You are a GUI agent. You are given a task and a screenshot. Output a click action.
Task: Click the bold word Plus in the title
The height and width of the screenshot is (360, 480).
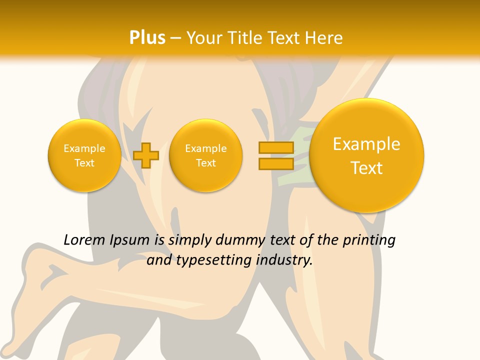tap(147, 38)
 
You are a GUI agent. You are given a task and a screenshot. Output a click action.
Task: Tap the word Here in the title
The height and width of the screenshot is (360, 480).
tap(324, 38)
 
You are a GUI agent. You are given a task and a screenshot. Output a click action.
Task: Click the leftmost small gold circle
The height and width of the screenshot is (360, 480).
tap(84, 155)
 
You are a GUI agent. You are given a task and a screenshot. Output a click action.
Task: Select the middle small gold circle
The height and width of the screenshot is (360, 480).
tap(205, 155)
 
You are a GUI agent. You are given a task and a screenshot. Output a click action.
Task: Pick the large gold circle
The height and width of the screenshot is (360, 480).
tap(366, 155)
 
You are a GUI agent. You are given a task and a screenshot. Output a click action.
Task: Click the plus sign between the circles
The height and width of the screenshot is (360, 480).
tap(146, 155)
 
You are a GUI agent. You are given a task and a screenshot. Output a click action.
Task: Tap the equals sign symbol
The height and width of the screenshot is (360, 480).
tap(276, 155)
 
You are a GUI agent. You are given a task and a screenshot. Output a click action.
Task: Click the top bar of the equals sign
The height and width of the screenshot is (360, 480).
tap(276, 147)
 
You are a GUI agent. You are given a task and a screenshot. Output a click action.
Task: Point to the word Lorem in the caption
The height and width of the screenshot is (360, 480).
tap(84, 240)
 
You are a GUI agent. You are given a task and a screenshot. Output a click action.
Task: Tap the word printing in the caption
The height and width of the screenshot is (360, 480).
tap(368, 240)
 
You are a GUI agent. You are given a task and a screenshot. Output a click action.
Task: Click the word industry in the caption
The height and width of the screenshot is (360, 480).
tap(285, 260)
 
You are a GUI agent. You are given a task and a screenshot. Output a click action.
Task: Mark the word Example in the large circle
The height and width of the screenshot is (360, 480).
tap(366, 144)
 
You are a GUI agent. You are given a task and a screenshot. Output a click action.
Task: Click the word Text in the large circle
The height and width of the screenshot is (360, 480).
tap(366, 168)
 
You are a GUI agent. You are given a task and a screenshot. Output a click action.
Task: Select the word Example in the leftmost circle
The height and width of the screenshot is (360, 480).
tap(84, 148)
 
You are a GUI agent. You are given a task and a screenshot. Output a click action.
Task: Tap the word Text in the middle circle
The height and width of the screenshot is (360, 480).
tap(205, 163)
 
